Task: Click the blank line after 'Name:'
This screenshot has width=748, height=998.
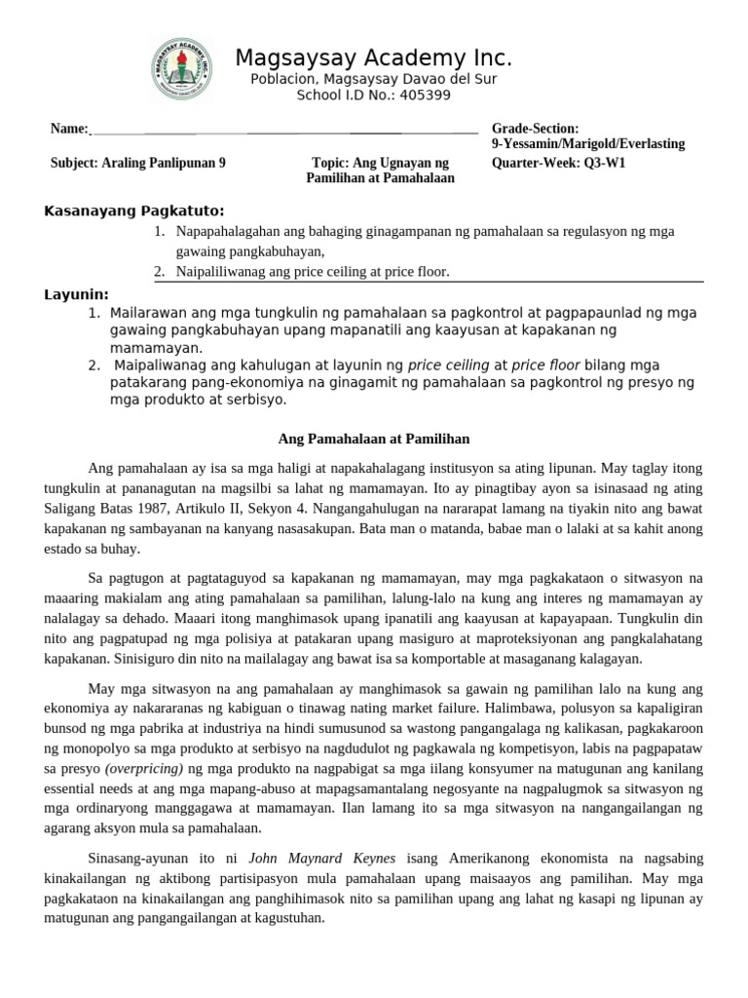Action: pos(282,129)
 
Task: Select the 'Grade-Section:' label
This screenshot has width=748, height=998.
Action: pos(535,129)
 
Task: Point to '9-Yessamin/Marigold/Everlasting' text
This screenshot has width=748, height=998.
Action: pos(588,144)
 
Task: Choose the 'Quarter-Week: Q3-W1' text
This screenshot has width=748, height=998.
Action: pos(558,163)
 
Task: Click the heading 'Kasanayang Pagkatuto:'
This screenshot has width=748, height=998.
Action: pos(134,211)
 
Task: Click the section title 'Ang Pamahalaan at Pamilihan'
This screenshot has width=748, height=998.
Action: pos(374,439)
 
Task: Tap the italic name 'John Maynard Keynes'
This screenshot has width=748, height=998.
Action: pos(311,859)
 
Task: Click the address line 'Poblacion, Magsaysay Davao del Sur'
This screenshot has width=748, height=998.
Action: pos(373,78)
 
